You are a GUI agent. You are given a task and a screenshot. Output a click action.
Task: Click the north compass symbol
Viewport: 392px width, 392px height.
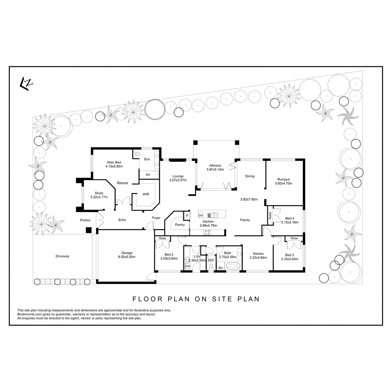click(26, 84)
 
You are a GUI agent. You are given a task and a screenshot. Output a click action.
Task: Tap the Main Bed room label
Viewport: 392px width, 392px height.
click(114, 162)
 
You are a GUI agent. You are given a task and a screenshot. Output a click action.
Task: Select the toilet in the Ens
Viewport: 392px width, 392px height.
click(137, 154)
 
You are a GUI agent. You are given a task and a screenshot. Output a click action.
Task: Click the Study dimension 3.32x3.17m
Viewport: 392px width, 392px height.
click(99, 197)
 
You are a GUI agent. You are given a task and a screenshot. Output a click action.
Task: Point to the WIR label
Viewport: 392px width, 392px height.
click(146, 194)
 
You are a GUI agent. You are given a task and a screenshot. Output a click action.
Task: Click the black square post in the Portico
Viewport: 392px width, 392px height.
click(89, 230)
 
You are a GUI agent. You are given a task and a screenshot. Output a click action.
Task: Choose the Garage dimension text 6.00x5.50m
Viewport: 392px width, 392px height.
click(127, 257)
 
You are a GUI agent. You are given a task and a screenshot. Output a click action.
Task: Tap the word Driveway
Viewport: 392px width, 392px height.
click(62, 256)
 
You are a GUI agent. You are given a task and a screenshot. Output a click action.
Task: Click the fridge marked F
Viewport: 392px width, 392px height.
click(187, 216)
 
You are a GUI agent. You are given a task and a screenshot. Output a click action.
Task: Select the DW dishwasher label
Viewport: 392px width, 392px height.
click(201, 215)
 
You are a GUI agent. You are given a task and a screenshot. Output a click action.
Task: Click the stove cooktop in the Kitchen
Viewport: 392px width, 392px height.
click(207, 232)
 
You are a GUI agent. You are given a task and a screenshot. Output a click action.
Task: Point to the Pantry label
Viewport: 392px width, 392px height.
click(180, 224)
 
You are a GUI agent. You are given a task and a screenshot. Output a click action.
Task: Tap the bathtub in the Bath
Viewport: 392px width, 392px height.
click(233, 266)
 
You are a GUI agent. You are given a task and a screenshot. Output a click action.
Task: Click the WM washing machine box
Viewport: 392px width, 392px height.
click(188, 266)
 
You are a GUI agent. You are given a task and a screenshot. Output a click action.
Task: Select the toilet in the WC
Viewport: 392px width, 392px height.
click(211, 267)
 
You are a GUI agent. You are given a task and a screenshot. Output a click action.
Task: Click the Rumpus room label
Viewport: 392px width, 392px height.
click(283, 179)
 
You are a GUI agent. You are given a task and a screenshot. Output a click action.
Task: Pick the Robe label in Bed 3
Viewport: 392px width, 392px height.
click(294, 238)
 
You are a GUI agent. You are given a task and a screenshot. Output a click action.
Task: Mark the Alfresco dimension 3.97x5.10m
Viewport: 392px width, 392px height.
click(215, 170)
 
